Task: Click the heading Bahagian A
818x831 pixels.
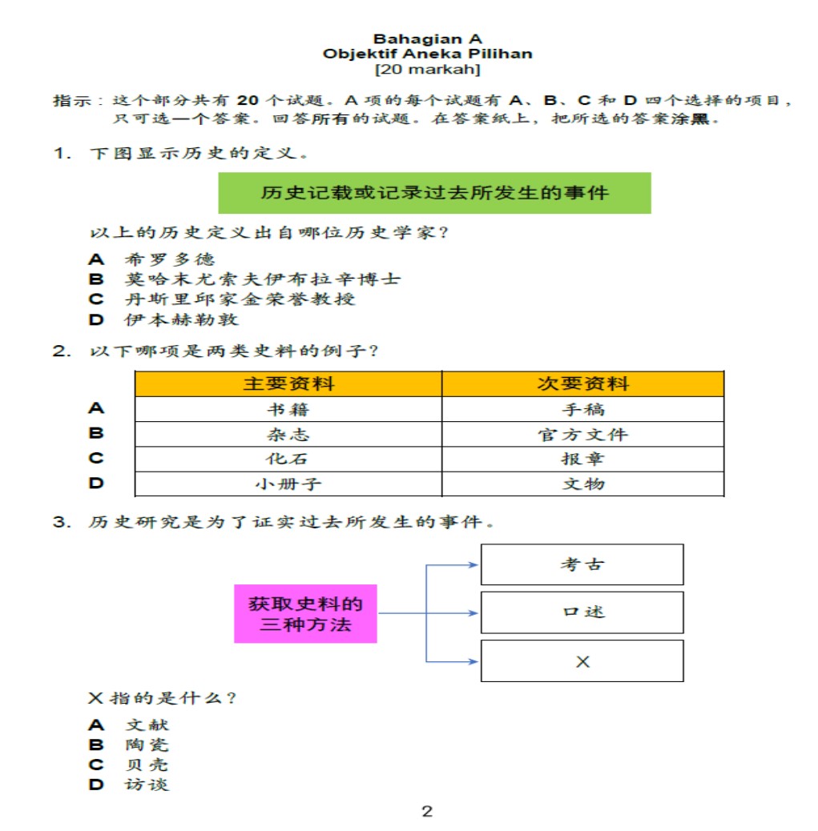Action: [x=427, y=38]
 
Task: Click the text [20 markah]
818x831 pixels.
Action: [x=427, y=70]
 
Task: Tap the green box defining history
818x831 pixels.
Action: [x=434, y=193]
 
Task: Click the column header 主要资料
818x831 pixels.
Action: [x=288, y=383]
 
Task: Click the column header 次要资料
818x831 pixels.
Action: [x=582, y=383]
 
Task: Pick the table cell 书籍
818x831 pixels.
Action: [x=288, y=410]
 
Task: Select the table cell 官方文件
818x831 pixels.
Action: [x=582, y=435]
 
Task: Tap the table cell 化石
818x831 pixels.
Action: [x=288, y=460]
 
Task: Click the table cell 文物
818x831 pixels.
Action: [x=582, y=484]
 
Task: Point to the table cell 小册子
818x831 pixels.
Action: [x=288, y=484]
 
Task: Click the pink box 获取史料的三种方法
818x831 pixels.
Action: [x=305, y=614]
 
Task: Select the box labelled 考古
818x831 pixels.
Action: [x=582, y=564]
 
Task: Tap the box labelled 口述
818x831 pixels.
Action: [x=582, y=612]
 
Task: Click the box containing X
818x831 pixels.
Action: [x=582, y=661]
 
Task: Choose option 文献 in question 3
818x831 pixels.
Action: [x=147, y=725]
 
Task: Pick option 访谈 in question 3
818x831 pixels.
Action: [x=147, y=785]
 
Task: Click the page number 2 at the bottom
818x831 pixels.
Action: [x=427, y=812]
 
